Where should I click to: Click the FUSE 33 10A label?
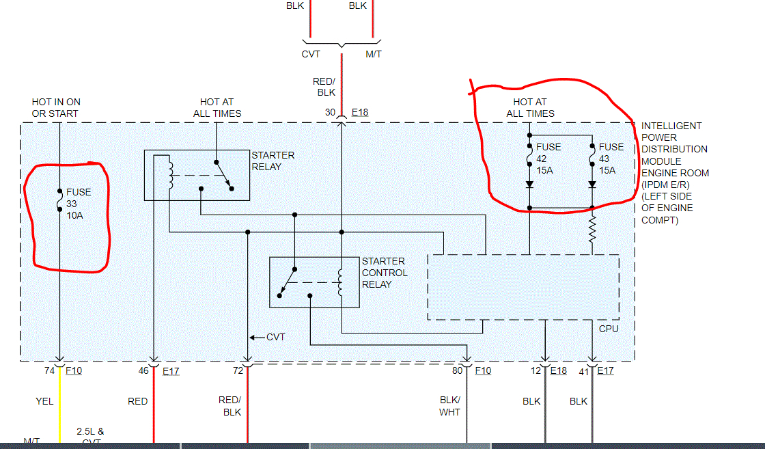(78, 204)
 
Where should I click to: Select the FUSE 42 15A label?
(548, 159)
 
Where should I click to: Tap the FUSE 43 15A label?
(611, 159)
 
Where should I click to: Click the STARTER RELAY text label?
(273, 161)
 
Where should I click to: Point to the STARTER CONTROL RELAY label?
(385, 273)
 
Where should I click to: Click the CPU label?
(608, 329)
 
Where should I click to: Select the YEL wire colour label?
(44, 401)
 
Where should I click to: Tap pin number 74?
(49, 370)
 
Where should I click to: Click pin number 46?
(143, 370)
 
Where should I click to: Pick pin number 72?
(238, 370)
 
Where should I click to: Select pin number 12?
(535, 370)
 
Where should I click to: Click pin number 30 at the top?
(330, 112)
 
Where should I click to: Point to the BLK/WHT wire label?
(450, 406)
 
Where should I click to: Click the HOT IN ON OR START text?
(55, 108)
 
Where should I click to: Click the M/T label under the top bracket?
(373, 54)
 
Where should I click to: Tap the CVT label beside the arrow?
(275, 337)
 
